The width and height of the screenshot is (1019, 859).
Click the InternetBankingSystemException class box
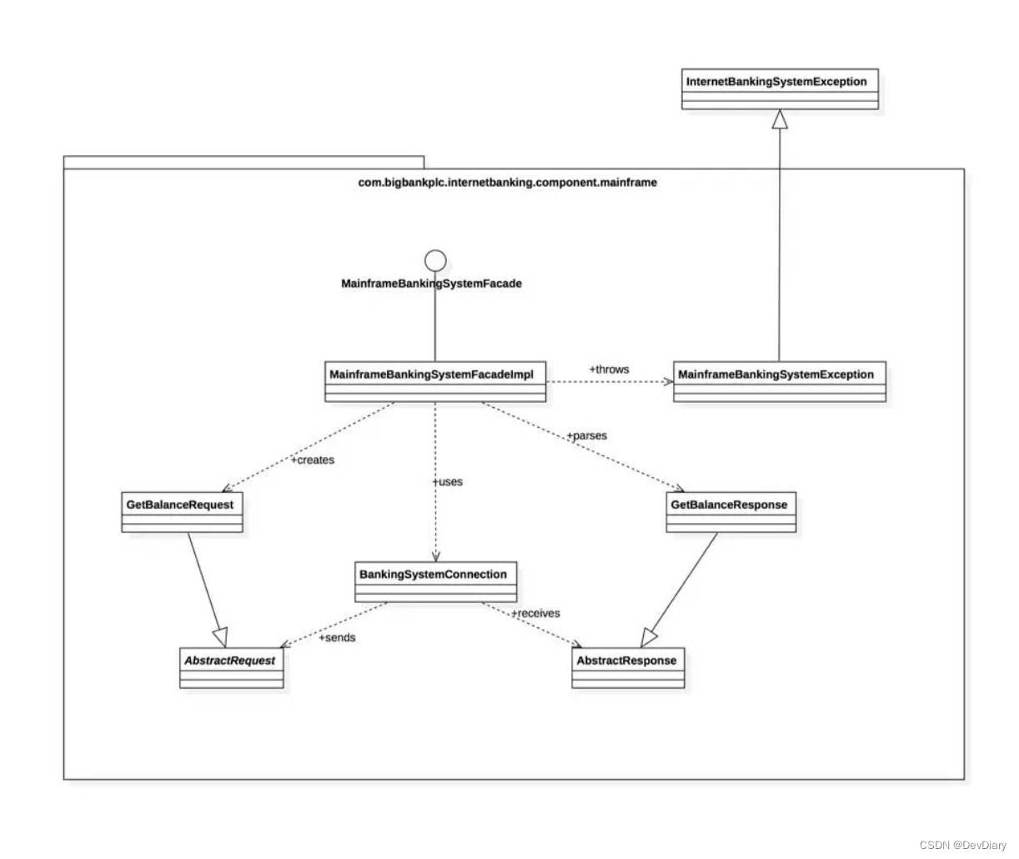tap(780, 88)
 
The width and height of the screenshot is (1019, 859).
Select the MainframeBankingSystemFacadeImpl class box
tap(434, 381)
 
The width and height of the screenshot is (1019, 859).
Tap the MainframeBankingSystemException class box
tap(779, 381)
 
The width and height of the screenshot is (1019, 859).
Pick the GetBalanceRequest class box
tap(183, 512)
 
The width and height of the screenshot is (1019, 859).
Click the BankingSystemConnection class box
tap(433, 581)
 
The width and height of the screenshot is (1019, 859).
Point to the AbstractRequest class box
tap(231, 667)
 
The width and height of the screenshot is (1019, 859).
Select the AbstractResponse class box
tap(628, 667)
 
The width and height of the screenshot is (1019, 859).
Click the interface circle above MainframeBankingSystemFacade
tap(434, 260)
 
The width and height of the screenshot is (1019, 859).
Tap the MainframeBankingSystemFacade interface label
tap(431, 284)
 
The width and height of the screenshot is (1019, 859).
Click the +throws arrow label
tap(609, 369)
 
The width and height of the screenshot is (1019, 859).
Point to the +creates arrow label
tap(312, 460)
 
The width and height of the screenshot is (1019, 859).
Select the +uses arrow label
tap(447, 482)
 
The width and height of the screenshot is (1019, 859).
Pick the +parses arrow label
tap(586, 435)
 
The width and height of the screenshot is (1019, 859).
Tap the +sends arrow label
tap(337, 637)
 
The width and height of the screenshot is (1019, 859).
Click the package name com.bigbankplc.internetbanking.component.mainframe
tap(507, 182)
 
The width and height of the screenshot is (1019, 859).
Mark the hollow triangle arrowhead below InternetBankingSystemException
tap(779, 120)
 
